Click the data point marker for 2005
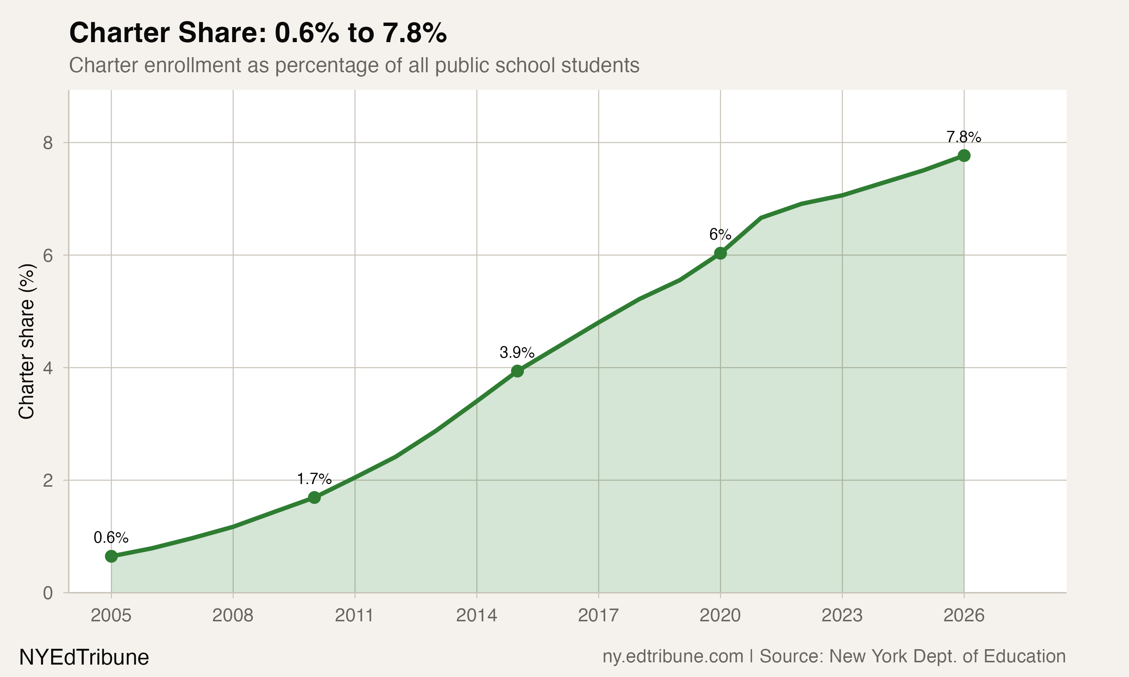(111, 556)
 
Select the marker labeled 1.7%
(314, 497)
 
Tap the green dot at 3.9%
(517, 371)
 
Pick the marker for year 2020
(720, 253)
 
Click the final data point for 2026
(964, 156)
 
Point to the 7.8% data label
(963, 137)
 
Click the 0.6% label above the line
(111, 538)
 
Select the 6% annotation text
(720, 234)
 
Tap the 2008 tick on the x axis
(233, 616)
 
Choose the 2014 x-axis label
(476, 616)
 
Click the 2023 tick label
(842, 616)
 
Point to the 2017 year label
(598, 616)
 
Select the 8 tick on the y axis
(48, 143)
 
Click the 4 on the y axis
(48, 368)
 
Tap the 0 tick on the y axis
(48, 593)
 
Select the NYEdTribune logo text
(84, 657)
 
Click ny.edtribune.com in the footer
(673, 656)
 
